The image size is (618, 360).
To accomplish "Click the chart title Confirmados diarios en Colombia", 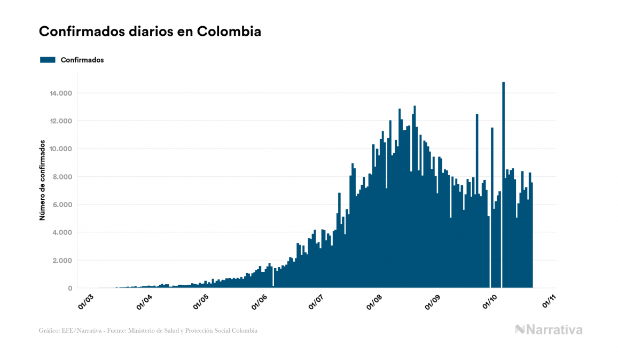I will pyautogui.click(x=150, y=32).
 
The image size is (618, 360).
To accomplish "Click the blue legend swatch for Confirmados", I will pyautogui.click(x=48, y=60).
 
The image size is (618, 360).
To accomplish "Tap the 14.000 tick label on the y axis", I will pyautogui.click(x=61, y=93).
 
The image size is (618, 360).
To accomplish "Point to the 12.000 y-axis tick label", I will pyautogui.click(x=61, y=121).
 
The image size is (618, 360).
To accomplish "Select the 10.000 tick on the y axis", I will pyautogui.click(x=61, y=149).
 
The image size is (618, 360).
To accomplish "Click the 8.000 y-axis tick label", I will pyautogui.click(x=63, y=177).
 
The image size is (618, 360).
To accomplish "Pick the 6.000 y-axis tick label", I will pyautogui.click(x=63, y=205).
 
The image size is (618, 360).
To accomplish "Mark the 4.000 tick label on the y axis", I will pyautogui.click(x=63, y=232).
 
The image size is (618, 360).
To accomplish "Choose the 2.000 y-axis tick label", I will pyautogui.click(x=63, y=261).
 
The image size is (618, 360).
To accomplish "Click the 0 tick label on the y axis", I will pyautogui.click(x=71, y=288).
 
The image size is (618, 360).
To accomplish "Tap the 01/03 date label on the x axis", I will pyautogui.click(x=86, y=300).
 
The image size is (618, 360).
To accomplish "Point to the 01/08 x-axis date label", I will pyautogui.click(x=373, y=300).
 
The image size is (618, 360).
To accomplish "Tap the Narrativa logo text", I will pyautogui.click(x=554, y=330).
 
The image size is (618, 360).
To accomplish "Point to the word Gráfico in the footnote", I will pyautogui.click(x=49, y=331).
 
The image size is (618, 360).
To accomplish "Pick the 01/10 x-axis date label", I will pyautogui.click(x=490, y=300).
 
